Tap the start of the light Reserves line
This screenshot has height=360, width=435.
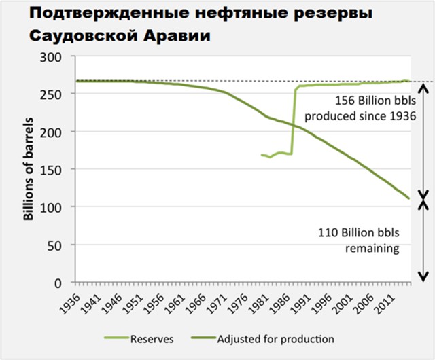tap(262, 155)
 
